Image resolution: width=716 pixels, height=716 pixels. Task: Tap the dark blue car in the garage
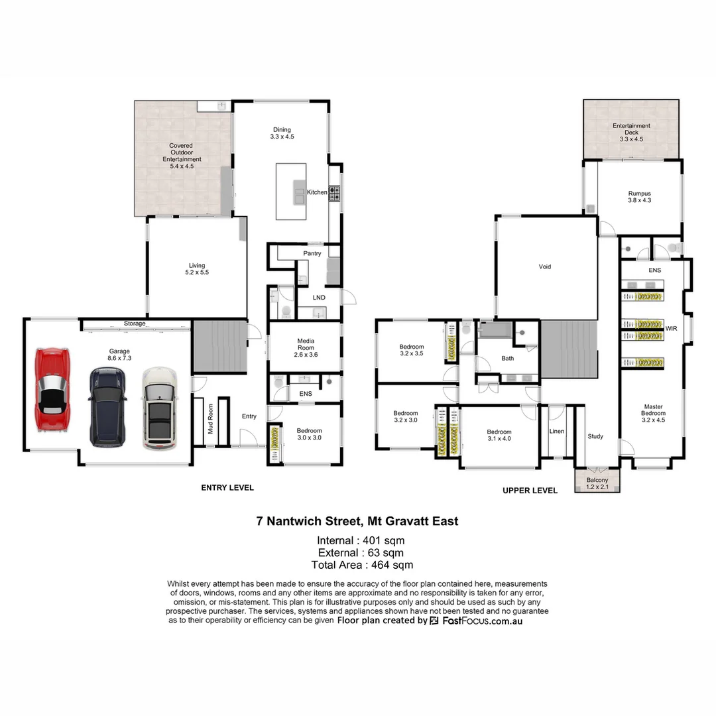[107, 406]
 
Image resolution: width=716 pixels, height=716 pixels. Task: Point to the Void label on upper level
[545, 267]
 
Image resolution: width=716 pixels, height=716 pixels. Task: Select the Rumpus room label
[639, 197]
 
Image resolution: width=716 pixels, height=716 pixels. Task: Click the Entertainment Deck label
[630, 132]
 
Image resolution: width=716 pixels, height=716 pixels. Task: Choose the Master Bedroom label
[653, 413]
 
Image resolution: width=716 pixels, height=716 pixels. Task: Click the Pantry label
[312, 253]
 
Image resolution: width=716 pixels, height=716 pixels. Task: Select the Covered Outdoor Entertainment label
[185, 156]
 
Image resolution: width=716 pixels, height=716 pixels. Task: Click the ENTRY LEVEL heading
[227, 487]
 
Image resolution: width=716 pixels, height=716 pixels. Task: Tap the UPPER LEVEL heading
[530, 491]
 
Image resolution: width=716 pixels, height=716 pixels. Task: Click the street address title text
[357, 521]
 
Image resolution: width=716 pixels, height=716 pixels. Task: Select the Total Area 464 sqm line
[362, 565]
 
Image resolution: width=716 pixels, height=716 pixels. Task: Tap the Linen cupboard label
[557, 431]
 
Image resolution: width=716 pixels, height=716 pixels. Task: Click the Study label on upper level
[595, 436]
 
